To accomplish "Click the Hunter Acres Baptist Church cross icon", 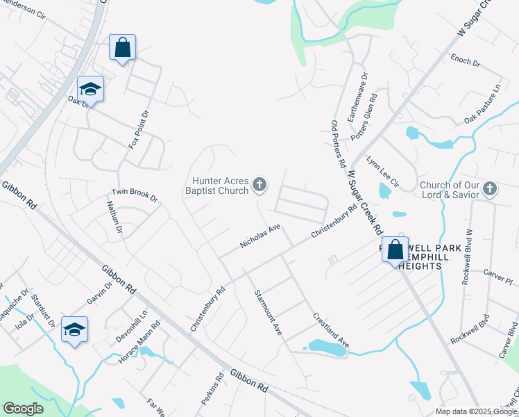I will tap(259, 185).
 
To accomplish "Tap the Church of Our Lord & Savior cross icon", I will tap(490, 189).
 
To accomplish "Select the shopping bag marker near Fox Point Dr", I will tap(122, 48).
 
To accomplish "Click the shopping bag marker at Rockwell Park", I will tap(395, 250).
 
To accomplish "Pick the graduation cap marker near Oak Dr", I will tap(90, 89).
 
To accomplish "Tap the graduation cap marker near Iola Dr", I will tap(74, 329).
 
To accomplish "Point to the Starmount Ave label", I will tap(268, 313).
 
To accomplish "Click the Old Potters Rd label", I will tap(338, 145).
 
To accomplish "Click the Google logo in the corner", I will tap(23, 409).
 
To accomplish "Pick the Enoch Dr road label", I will tap(466, 60).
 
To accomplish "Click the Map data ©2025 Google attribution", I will tap(475, 411).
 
